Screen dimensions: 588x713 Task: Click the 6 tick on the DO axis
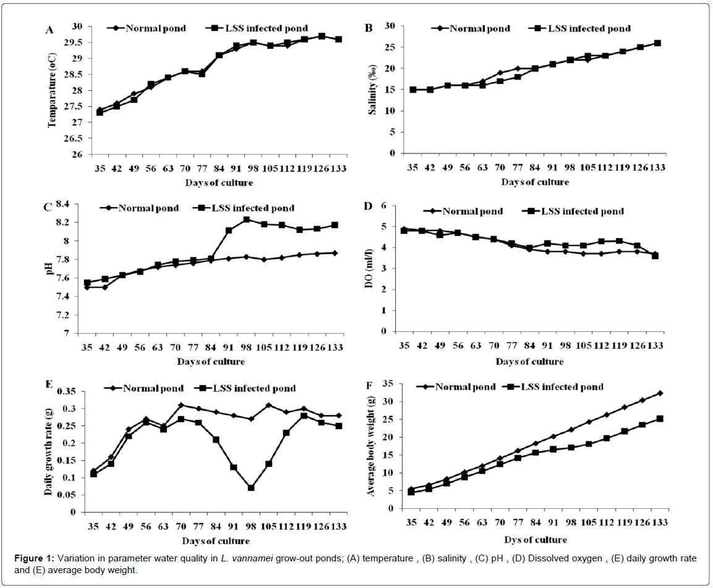tap(383, 205)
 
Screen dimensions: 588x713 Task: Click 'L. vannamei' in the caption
tap(244, 558)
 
